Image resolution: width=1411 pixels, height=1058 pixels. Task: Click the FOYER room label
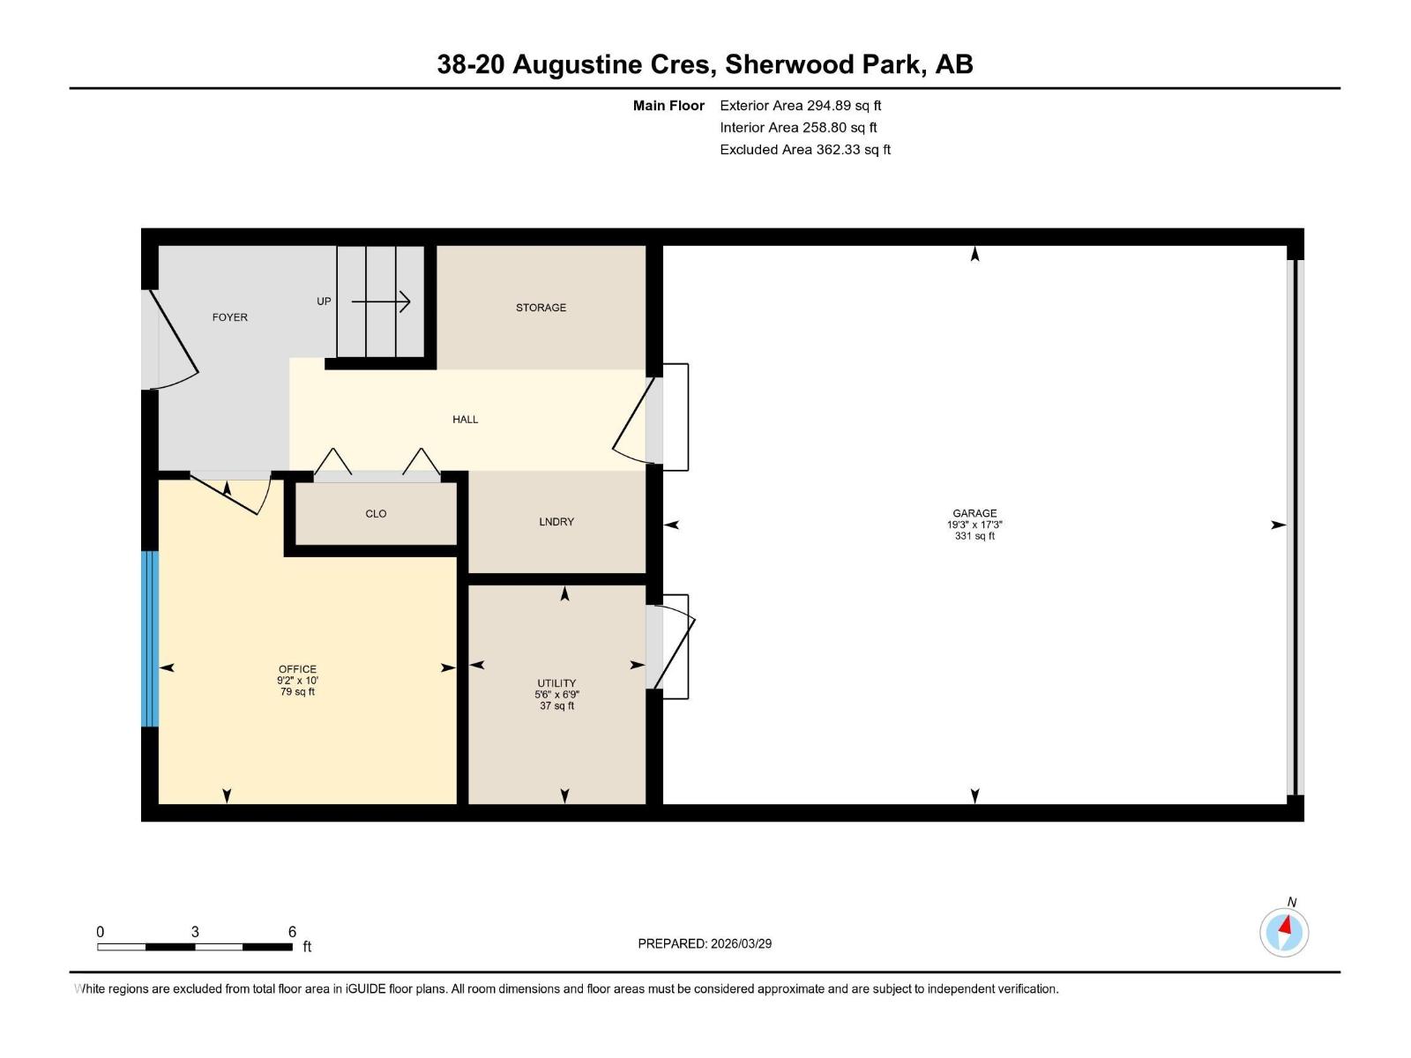[x=229, y=317]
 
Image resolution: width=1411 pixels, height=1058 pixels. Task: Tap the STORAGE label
[x=541, y=308]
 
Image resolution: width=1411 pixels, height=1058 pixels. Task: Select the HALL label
[x=465, y=420]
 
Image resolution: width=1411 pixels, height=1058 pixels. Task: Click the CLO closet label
[x=376, y=514]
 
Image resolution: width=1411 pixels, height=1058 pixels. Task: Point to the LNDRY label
[x=556, y=522]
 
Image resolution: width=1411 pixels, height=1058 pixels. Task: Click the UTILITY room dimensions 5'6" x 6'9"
[x=556, y=695]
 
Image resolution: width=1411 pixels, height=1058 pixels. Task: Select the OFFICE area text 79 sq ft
[x=297, y=692]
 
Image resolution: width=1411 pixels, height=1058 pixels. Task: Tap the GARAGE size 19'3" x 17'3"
[x=974, y=525]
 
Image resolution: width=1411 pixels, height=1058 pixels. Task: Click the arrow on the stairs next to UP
[x=381, y=302]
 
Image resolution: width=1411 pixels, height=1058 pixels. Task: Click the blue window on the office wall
[x=150, y=638]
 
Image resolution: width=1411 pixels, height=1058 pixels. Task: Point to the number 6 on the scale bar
[x=292, y=932]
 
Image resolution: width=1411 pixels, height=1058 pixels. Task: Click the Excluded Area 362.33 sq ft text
[x=804, y=150]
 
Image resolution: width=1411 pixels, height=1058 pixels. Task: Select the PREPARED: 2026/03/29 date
[x=705, y=943]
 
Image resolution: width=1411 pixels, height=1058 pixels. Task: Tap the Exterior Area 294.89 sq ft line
[x=800, y=106]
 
